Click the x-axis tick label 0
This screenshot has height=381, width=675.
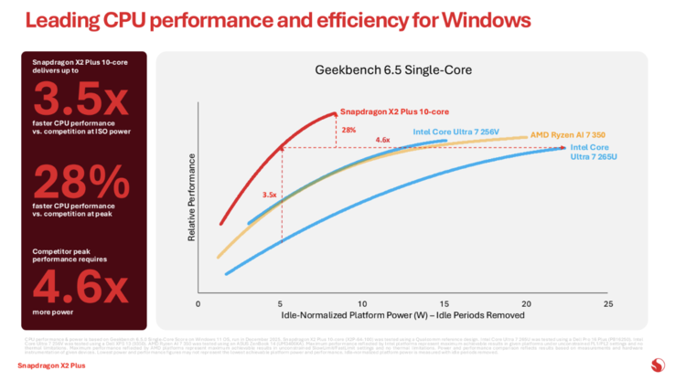click(x=198, y=303)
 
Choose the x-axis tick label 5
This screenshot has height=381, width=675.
click(x=280, y=303)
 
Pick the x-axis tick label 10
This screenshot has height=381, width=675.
click(x=362, y=303)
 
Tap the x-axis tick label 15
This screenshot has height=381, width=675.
click(x=444, y=303)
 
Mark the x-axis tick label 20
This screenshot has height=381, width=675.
click(x=526, y=303)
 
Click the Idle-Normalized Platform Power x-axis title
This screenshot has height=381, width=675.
click(x=402, y=315)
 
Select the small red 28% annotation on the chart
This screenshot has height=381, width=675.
click(x=348, y=130)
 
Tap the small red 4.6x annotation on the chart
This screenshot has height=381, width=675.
click(x=383, y=140)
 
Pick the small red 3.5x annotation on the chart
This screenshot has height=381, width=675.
click(x=269, y=195)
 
